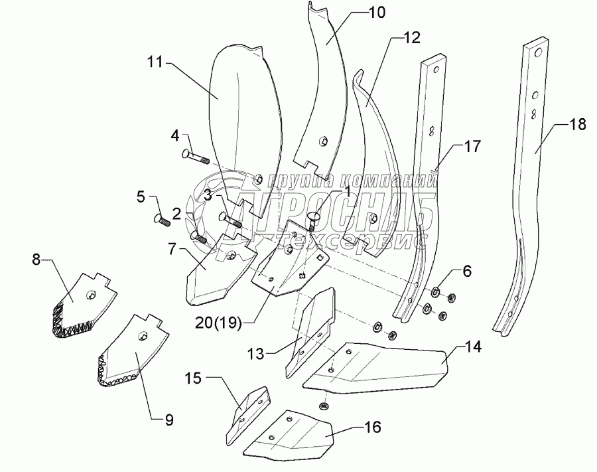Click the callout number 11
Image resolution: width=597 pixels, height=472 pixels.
(155, 64)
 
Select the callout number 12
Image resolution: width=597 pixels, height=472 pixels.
(411, 37)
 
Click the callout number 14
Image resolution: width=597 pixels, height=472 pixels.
(473, 347)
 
